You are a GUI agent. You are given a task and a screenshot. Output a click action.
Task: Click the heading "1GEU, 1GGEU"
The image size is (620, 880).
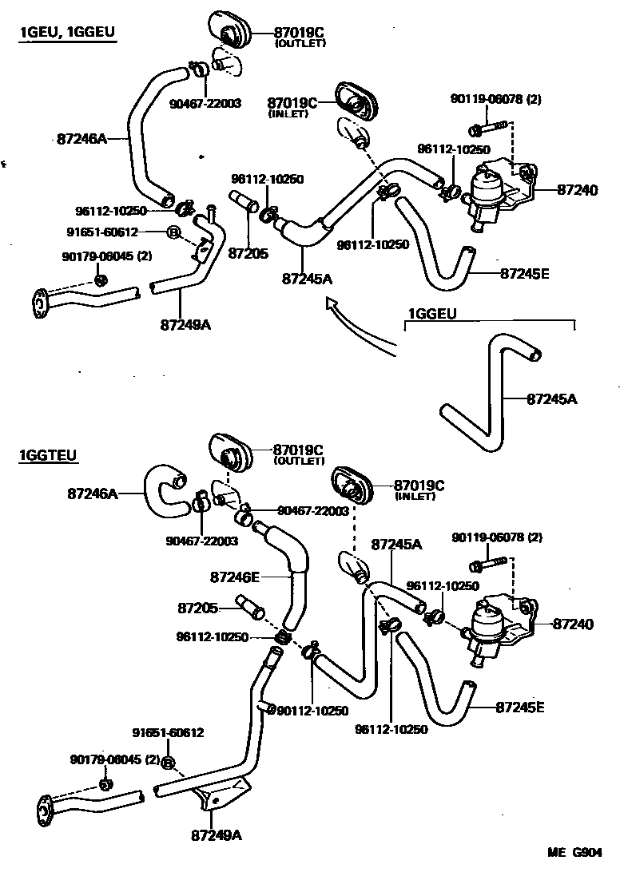point(68,33)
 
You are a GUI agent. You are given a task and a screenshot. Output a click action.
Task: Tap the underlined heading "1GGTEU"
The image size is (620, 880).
point(48,456)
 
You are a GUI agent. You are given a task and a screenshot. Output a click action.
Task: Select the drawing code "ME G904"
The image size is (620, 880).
point(574,852)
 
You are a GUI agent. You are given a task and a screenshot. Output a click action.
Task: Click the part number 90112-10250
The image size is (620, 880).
point(313,710)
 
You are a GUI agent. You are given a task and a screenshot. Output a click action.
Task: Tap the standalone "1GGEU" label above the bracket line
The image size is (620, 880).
point(432,315)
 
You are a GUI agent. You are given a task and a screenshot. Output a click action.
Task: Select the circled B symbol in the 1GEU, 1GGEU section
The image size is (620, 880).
point(172,232)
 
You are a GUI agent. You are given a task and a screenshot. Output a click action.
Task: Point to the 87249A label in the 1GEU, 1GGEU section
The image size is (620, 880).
point(185,325)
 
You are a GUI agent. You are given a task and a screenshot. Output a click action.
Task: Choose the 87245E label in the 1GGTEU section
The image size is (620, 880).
point(520,707)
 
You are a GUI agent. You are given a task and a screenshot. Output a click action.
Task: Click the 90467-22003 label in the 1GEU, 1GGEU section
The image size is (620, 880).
point(205,103)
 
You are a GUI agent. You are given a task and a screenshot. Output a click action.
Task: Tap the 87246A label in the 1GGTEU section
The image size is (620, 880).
point(93,494)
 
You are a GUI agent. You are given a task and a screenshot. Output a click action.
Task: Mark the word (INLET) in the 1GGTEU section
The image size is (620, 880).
point(415,497)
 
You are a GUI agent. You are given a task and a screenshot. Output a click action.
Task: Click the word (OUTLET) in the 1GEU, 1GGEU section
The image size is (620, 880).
point(300,43)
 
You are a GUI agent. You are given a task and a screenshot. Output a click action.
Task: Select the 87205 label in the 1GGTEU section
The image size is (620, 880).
point(198,608)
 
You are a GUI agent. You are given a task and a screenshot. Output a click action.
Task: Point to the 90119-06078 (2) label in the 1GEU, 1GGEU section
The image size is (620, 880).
point(495,100)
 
